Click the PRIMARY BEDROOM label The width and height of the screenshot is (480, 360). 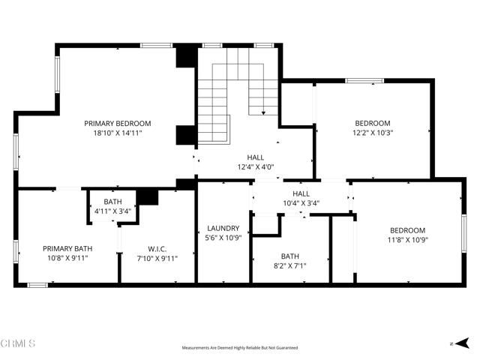[118, 123]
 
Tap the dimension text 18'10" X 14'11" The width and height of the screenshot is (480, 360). [118, 133]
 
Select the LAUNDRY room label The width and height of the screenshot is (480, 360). [223, 228]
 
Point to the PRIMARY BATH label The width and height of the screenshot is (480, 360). [67, 249]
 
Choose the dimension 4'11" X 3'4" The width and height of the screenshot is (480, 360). [112, 211]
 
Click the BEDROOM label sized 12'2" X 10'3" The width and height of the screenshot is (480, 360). [373, 123]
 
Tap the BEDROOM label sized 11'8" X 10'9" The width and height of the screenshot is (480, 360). [407, 230]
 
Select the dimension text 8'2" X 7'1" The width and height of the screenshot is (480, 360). [289, 265]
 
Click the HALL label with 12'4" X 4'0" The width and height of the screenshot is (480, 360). [255, 157]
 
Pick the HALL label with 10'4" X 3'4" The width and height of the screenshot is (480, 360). [301, 193]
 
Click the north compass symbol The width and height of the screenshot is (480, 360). [454, 342]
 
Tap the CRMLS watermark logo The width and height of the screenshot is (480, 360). [19, 343]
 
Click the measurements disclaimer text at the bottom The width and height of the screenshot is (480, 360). [240, 348]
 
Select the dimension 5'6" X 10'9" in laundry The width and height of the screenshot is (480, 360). [223, 238]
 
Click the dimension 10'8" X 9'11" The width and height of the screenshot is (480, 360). [67, 259]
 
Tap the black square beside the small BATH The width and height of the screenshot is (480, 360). [148, 197]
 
